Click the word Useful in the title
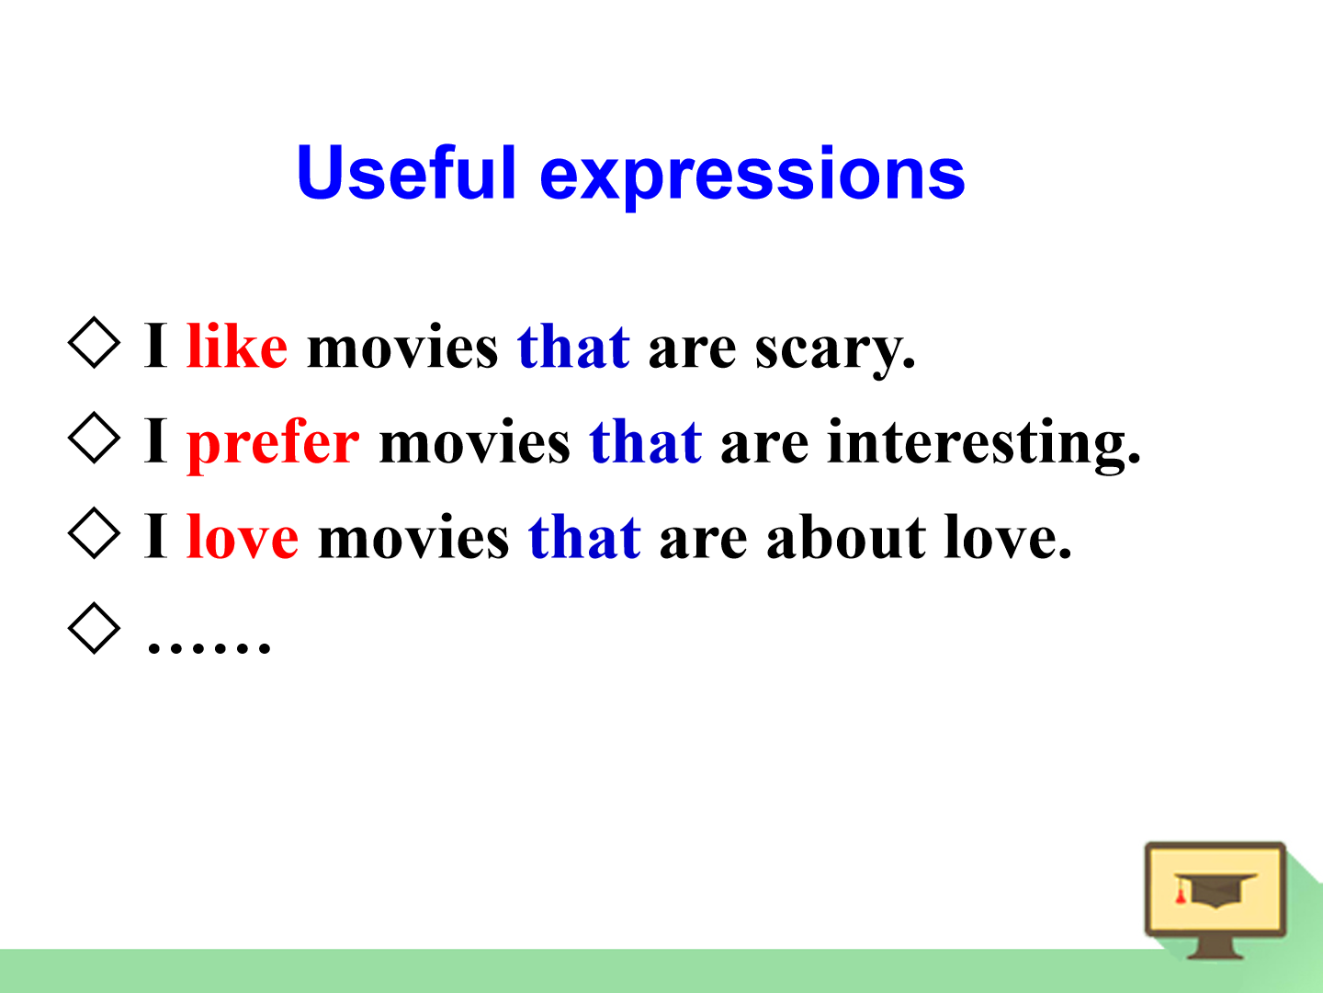tap(406, 172)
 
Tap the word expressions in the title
tap(752, 177)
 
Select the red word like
tap(237, 346)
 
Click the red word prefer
tap(273, 446)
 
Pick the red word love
tap(243, 536)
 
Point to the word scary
tap(835, 352)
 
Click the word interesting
tap(984, 446)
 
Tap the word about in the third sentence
tap(845, 536)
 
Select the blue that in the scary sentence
tap(574, 346)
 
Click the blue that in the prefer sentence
tap(646, 441)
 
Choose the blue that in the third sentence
tap(584, 536)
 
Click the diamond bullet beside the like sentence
tap(94, 342)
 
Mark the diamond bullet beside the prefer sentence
tap(94, 438)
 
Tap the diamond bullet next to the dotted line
tap(94, 628)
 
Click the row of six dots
tap(209, 648)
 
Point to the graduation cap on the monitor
tap(1215, 890)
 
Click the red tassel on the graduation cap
tap(1181, 892)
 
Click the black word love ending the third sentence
tap(1008, 536)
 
